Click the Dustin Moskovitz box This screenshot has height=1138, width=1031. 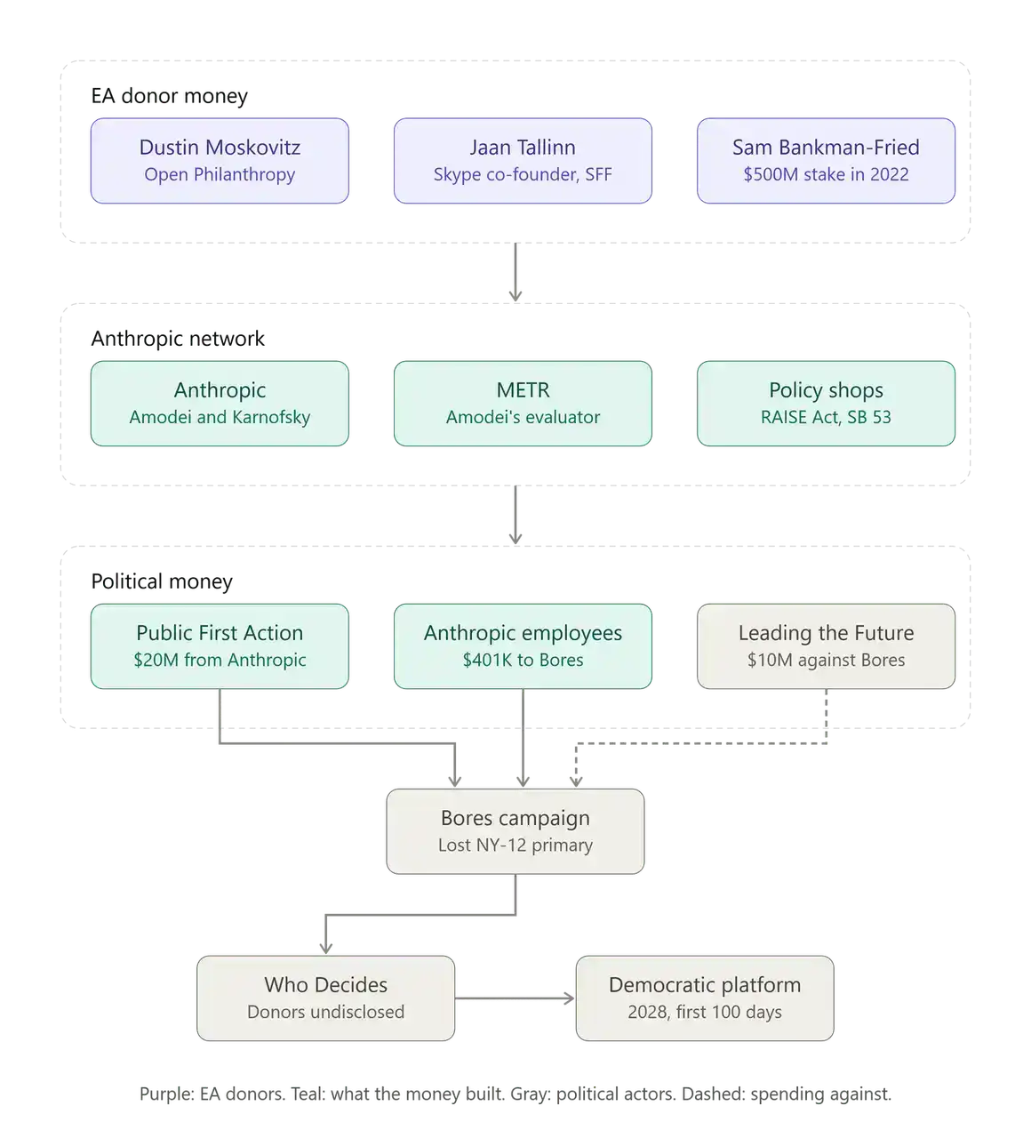pyautogui.click(x=220, y=161)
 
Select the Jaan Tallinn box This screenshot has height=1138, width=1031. pyautogui.click(x=523, y=161)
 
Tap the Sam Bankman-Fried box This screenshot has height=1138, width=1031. pyautogui.click(x=826, y=161)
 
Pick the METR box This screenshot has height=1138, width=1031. pyautogui.click(x=523, y=404)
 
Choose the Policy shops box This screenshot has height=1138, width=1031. pyautogui.click(x=826, y=404)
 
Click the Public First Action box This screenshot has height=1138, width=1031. pyautogui.click(x=220, y=646)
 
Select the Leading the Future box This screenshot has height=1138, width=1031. pyautogui.click(x=826, y=646)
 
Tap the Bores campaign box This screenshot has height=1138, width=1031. pyautogui.click(x=515, y=831)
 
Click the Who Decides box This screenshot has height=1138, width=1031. pyautogui.click(x=325, y=998)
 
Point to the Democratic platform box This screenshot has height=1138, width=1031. pyautogui.click(x=704, y=998)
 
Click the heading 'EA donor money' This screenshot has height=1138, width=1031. pyautogui.click(x=170, y=96)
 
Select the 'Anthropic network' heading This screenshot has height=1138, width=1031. pyautogui.click(x=178, y=339)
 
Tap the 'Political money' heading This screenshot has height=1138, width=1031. pyautogui.click(x=162, y=581)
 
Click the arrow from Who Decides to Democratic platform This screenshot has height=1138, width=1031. pyautogui.click(x=515, y=998)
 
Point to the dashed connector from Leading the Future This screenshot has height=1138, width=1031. pyautogui.click(x=701, y=743)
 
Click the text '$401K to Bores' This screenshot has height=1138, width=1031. pyautogui.click(x=523, y=660)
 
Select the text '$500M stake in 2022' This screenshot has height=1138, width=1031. pyautogui.click(x=826, y=174)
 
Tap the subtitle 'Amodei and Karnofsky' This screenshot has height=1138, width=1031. pyautogui.click(x=220, y=417)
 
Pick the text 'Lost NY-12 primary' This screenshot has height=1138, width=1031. pyautogui.click(x=515, y=845)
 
